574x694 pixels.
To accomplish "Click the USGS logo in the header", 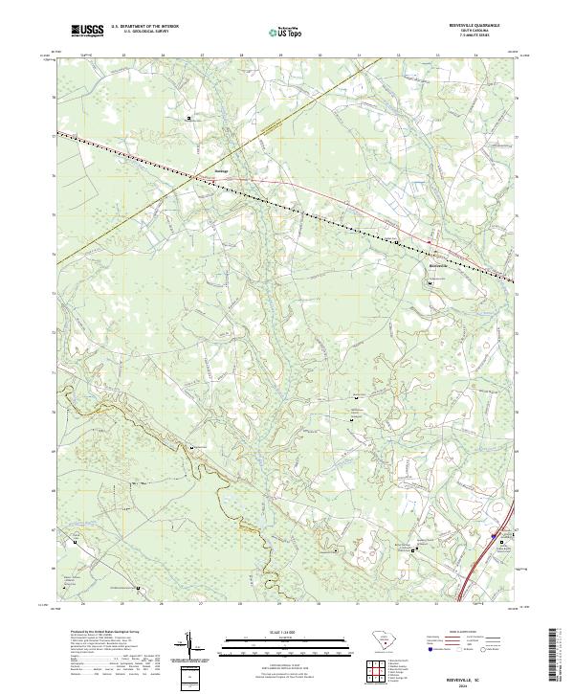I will tap(87, 32).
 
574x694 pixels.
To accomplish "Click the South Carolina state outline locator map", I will tap(377, 638).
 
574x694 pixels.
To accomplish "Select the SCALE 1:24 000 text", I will tap(283, 631).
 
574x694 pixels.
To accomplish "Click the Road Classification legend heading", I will tap(470, 633).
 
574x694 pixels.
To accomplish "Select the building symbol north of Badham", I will tap(188, 119).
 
